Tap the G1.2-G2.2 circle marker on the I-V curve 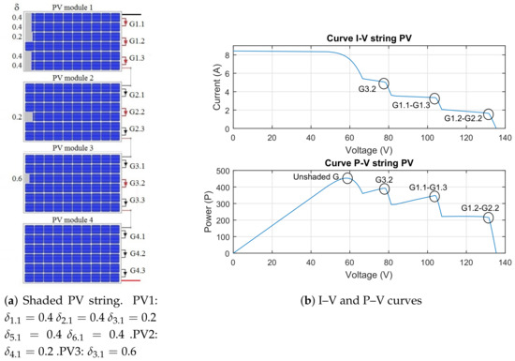pos(488,114)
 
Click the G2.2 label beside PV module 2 pos(137,111)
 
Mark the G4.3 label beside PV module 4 pos(137,269)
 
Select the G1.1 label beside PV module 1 pos(137,24)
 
